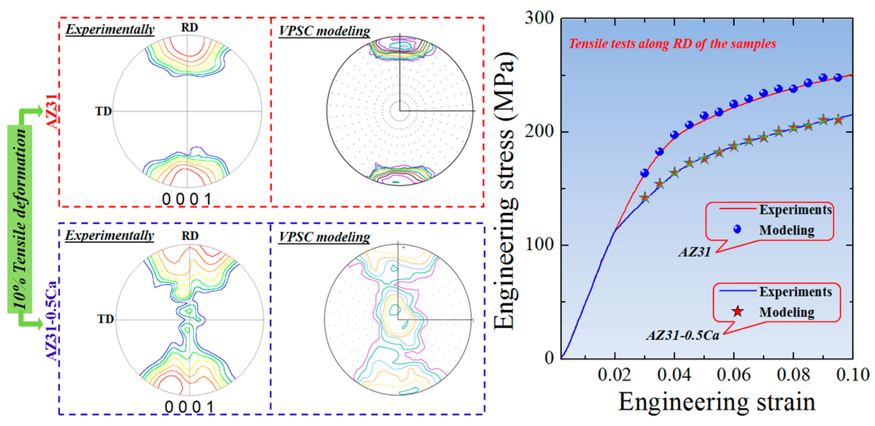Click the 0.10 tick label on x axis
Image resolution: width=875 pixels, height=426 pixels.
click(853, 375)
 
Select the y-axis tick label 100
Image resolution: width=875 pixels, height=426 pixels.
click(539, 244)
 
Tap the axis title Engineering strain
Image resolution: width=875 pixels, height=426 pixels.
click(717, 402)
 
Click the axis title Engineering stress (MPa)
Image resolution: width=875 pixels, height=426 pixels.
click(505, 190)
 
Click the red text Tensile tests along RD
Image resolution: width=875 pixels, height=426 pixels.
click(673, 43)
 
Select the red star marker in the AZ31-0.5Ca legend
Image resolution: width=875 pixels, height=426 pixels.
click(737, 311)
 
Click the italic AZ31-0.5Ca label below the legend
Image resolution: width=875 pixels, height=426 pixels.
click(683, 335)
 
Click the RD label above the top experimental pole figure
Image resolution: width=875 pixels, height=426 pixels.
click(189, 27)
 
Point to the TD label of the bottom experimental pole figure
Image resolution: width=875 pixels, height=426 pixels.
click(105, 319)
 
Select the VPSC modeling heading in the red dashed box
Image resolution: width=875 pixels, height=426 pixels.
click(324, 31)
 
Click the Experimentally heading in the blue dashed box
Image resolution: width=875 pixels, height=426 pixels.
click(109, 235)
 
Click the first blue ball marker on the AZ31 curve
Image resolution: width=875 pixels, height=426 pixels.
click(644, 173)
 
